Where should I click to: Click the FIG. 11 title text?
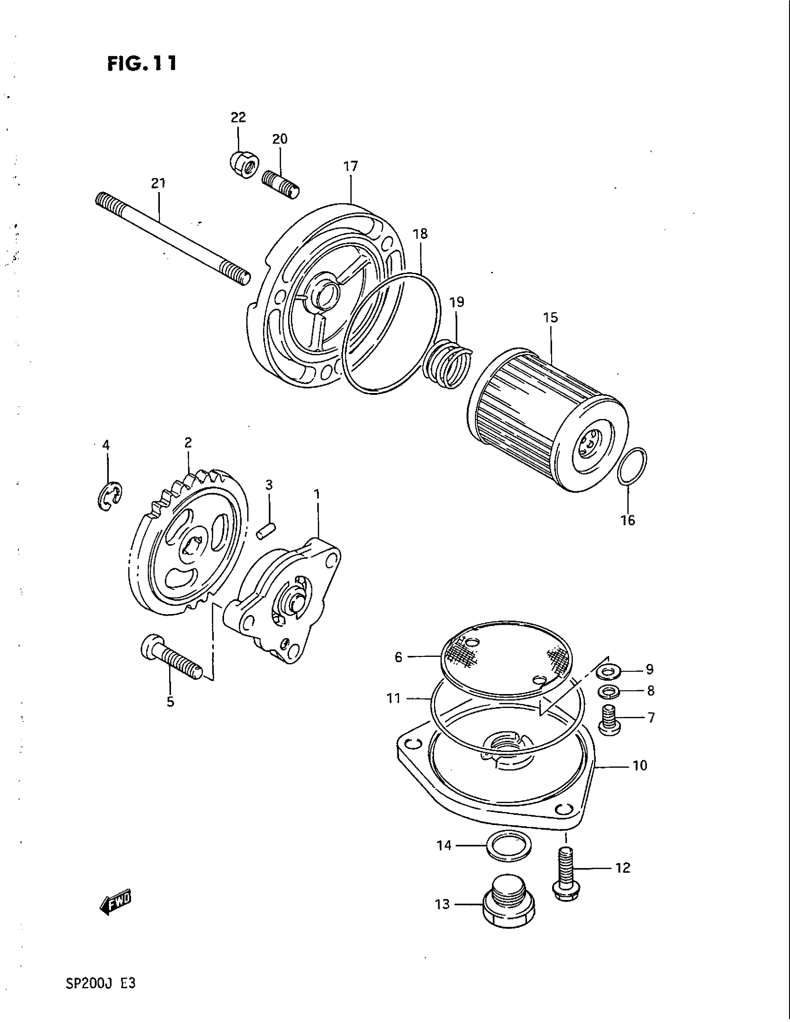point(142,63)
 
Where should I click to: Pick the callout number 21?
point(158,183)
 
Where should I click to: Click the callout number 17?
point(350,166)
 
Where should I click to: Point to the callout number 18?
point(420,234)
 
